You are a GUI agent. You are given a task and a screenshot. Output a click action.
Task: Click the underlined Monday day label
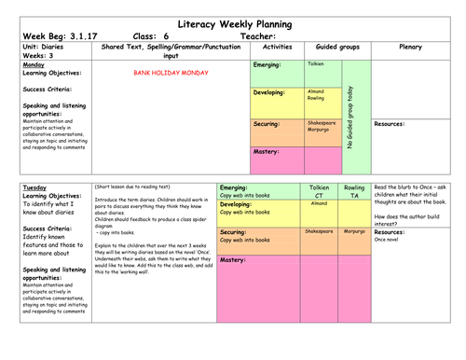[x=34, y=64]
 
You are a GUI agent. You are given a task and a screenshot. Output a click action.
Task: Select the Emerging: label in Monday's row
[x=270, y=65]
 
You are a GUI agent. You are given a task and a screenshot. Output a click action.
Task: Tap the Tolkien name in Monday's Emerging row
[x=316, y=63]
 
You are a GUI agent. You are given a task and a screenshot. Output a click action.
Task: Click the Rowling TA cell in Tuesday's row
[x=354, y=192]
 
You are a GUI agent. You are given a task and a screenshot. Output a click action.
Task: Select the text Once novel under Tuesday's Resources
[x=387, y=240]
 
